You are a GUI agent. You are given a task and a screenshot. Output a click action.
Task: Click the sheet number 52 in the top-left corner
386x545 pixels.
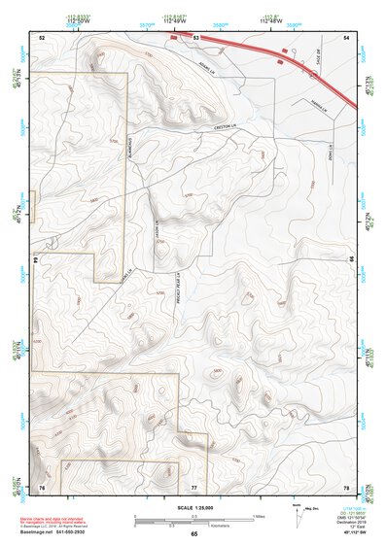[42, 36]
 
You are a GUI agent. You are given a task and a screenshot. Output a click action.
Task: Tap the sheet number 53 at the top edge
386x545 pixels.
[195, 37]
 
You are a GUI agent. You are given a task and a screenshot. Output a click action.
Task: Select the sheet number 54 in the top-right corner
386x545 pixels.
[346, 36]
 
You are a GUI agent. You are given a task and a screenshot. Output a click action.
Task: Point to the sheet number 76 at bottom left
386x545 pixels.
[42, 486]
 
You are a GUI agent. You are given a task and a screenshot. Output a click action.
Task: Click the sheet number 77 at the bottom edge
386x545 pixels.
[194, 486]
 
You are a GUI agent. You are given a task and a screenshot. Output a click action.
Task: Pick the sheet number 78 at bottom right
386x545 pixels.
[346, 486]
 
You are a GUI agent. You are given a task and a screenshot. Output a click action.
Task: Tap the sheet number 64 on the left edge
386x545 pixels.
[38, 260]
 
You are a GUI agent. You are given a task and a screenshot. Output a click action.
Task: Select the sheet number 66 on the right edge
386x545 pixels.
[351, 259]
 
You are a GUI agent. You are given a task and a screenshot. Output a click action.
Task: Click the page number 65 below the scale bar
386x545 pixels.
[194, 533]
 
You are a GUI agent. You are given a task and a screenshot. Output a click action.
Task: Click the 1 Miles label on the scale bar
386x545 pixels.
[258, 515]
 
